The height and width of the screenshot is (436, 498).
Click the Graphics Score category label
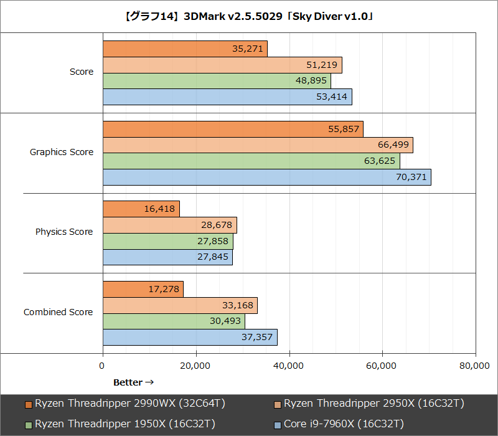point(62,152)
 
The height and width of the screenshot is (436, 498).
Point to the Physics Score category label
point(64,232)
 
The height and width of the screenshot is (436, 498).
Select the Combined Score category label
point(58,312)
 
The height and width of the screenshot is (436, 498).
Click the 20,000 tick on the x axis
point(195,367)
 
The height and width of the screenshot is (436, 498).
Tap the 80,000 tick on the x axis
point(474,367)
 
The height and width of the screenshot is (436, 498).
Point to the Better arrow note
point(133,382)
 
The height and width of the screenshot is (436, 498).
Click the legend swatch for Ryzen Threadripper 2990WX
point(29,404)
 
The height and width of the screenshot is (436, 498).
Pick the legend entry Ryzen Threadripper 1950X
point(125,424)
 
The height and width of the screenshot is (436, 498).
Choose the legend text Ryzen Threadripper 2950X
point(374,404)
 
